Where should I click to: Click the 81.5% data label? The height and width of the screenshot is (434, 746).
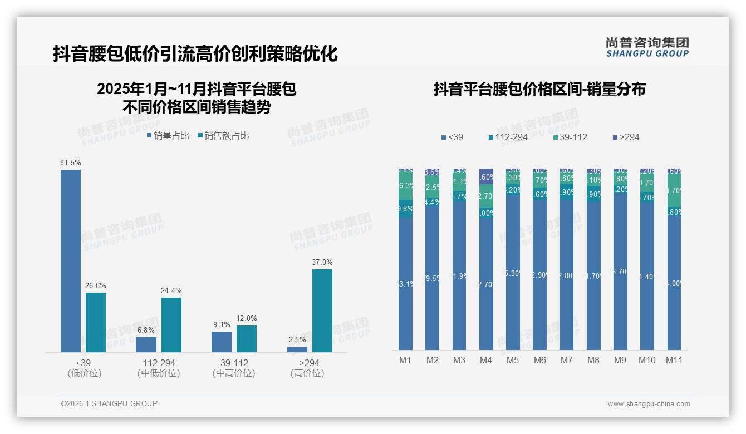click(x=71, y=163)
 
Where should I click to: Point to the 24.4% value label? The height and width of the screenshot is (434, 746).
click(x=171, y=290)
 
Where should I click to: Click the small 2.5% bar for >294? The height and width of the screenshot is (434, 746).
click(x=297, y=349)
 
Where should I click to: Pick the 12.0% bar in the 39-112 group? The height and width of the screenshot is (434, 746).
click(x=247, y=338)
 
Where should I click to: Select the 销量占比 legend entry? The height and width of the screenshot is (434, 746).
click(x=168, y=136)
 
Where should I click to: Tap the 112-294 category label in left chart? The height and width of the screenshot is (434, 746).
click(x=159, y=363)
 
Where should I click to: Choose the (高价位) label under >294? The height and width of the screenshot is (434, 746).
click(x=307, y=373)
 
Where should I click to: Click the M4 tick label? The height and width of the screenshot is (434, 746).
click(x=486, y=361)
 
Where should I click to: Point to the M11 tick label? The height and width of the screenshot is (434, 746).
click(x=674, y=361)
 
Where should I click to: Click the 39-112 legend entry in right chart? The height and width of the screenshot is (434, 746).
click(x=571, y=137)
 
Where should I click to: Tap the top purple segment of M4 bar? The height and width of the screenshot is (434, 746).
click(x=486, y=176)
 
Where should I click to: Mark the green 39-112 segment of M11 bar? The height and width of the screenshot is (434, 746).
click(x=674, y=190)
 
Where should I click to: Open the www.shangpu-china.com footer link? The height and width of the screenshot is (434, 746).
click(x=649, y=404)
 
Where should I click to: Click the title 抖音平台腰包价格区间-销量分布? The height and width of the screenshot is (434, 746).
click(x=539, y=90)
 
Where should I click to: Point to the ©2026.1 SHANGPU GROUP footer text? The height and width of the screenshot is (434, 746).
click(x=109, y=403)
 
